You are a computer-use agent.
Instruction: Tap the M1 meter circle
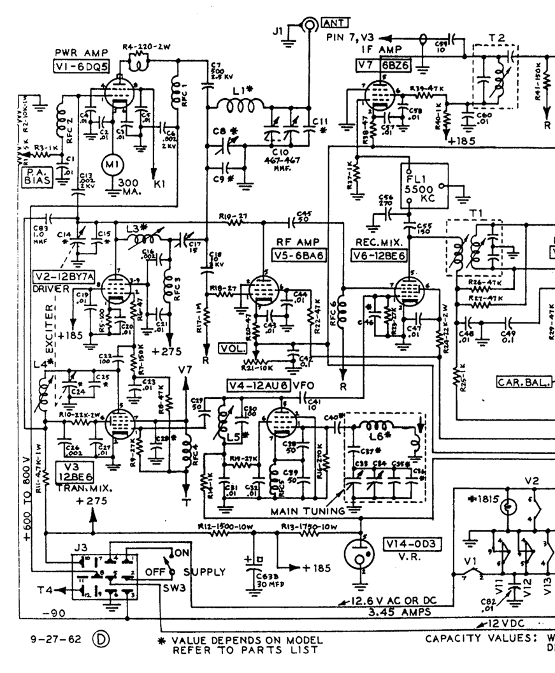coord(112,165)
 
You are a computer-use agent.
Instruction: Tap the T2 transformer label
coord(498,38)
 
